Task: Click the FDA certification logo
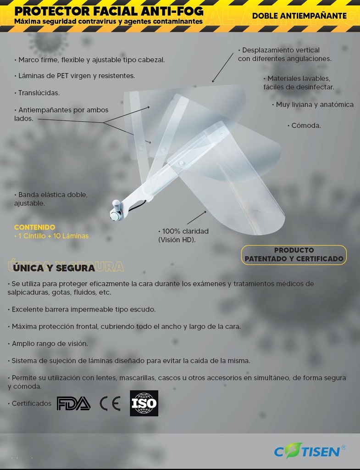(x=73, y=403)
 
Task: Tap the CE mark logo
(x=110, y=403)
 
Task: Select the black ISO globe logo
(x=144, y=403)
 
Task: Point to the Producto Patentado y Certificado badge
(x=294, y=255)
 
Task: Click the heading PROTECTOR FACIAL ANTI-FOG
(x=109, y=11)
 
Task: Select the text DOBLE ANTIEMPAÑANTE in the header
(x=299, y=16)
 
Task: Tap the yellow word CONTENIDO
(x=34, y=227)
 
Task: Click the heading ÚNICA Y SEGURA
(x=54, y=268)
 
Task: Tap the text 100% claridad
(x=183, y=231)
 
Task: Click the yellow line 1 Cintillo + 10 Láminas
(x=51, y=236)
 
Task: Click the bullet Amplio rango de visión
(x=48, y=343)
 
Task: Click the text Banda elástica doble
(x=51, y=195)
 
